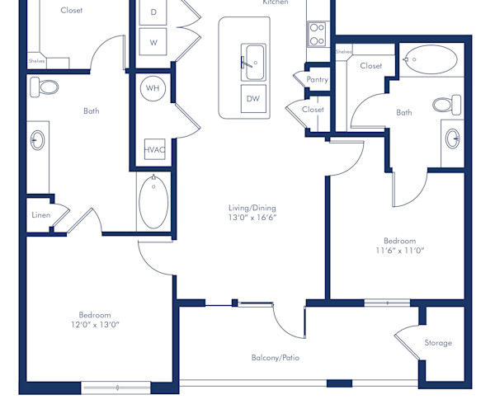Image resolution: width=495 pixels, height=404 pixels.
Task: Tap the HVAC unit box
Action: pyautogui.click(x=154, y=149)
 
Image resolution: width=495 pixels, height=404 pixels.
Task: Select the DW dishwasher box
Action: pyautogui.click(x=253, y=99)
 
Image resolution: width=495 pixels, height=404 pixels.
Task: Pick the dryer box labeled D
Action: pyautogui.click(x=153, y=12)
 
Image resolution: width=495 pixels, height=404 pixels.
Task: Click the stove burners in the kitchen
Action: pyautogui.click(x=317, y=33)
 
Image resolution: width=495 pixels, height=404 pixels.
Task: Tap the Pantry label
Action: pyautogui.click(x=317, y=80)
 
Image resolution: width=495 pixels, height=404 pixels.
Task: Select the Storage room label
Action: pyautogui.click(x=438, y=342)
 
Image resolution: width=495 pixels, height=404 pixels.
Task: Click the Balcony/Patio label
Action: pyautogui.click(x=275, y=357)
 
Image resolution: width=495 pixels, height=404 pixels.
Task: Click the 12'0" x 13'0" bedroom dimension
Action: pyautogui.click(x=95, y=324)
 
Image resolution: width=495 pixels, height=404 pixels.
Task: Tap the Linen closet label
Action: pyautogui.click(x=41, y=215)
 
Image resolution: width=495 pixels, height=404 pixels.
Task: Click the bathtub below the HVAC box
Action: pyautogui.click(x=154, y=202)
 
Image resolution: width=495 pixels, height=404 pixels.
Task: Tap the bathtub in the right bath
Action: pyautogui.click(x=430, y=60)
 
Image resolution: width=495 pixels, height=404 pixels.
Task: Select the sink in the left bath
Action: pyautogui.click(x=38, y=141)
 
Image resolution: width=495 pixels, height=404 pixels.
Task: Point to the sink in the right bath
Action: pyautogui.click(x=453, y=138)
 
